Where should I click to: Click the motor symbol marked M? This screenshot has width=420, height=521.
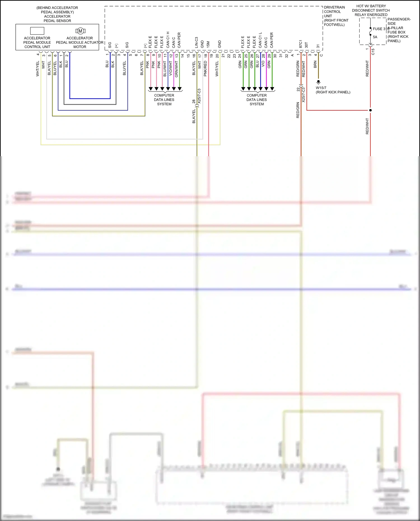coord(80,31)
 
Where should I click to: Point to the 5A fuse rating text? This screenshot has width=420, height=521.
coord(375,37)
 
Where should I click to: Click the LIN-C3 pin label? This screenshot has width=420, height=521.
coord(196,42)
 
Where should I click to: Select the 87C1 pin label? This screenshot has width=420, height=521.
coord(300,44)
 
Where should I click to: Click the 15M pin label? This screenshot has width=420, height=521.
coord(208,45)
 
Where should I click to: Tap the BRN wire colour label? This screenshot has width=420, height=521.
coord(315,64)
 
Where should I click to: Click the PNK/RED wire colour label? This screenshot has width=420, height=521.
coord(205,69)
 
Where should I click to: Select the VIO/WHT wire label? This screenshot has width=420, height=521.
coord(170,69)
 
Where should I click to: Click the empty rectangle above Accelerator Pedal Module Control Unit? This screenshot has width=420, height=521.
coord(37,31)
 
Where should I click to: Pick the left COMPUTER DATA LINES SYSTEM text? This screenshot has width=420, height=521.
coord(164,100)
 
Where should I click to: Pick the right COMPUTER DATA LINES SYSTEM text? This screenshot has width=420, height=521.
coord(256,100)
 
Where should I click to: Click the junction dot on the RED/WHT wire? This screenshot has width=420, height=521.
coord(370,110)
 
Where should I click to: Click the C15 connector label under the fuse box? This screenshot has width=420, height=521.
coord(373,52)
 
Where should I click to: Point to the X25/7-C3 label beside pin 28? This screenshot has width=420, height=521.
coord(199,96)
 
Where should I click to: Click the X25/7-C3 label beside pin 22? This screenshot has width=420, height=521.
coord(303,95)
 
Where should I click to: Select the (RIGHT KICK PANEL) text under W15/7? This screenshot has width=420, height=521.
coord(333,92)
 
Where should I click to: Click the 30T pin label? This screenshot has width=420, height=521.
coord(306,45)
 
